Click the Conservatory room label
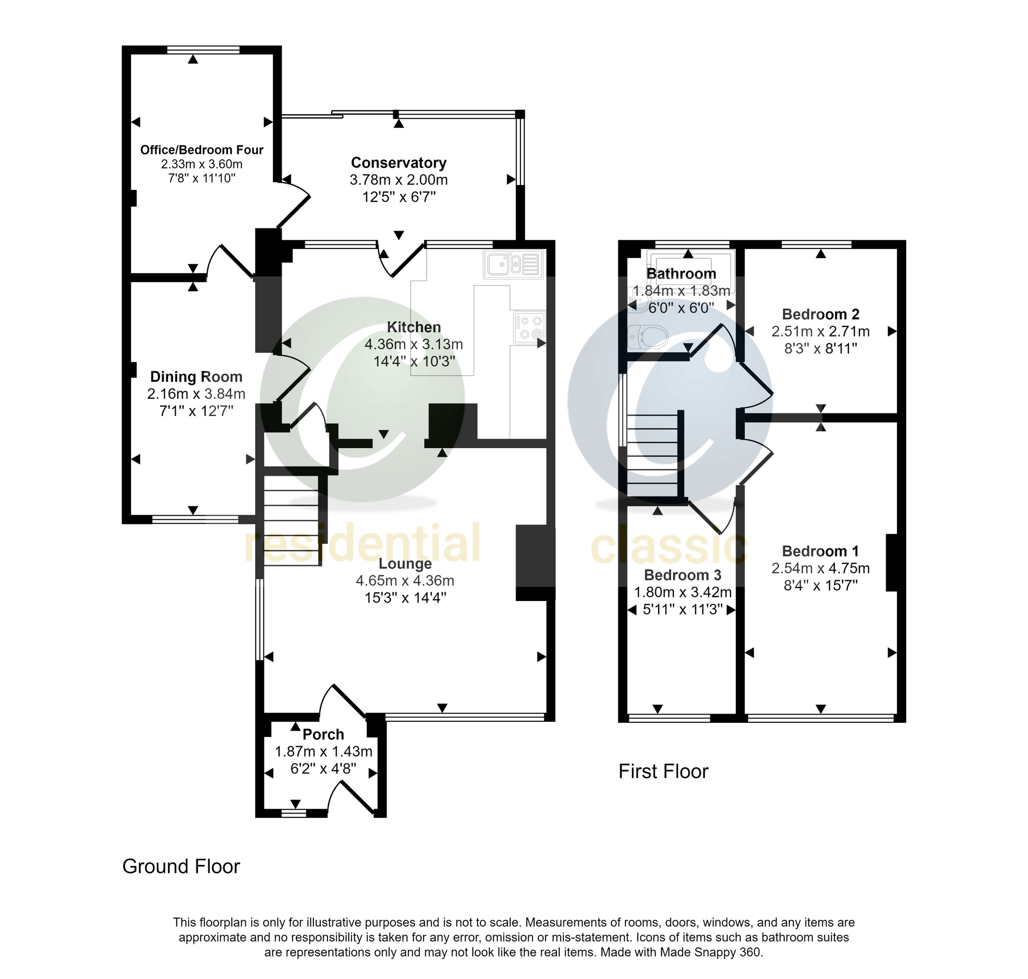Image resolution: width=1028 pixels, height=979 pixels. [x=398, y=163]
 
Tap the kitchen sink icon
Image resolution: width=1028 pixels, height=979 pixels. [x=513, y=265]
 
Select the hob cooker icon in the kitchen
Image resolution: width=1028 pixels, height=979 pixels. [x=528, y=327]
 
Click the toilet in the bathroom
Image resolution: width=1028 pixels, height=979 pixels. [x=647, y=337]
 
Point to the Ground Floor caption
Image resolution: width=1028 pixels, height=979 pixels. [x=181, y=866]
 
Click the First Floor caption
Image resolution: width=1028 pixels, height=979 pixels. [x=663, y=771]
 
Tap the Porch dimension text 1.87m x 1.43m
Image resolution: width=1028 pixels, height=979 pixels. [x=323, y=752]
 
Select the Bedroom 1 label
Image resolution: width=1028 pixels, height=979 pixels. [x=820, y=551]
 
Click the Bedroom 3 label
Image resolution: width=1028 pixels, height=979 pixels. [x=682, y=575]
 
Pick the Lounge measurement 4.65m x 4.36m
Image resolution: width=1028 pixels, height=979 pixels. [x=405, y=580]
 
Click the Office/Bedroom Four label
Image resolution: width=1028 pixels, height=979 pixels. [x=201, y=150]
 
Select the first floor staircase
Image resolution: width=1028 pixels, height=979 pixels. [x=653, y=456]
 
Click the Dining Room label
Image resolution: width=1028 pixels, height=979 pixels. [x=196, y=376]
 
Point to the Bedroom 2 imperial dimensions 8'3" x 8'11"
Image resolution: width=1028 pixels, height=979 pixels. [x=820, y=348]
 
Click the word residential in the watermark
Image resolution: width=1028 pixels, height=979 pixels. [x=362, y=543]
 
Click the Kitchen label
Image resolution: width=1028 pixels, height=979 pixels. [x=413, y=327]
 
